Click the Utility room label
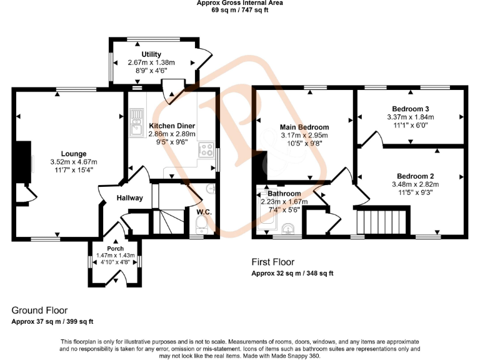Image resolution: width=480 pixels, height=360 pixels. (151, 55)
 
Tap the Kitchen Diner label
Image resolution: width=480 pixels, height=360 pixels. (172, 126)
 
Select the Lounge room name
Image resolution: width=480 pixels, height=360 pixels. (73, 154)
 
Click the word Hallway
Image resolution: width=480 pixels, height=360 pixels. (129, 198)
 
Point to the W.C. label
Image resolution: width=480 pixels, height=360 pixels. (204, 212)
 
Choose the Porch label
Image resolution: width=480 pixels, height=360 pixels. (115, 249)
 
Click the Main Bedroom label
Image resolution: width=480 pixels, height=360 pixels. (304, 127)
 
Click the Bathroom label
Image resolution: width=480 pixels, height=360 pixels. (284, 194)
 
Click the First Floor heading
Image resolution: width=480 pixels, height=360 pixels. (272, 262)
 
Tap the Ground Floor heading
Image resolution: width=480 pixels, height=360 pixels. (39, 311)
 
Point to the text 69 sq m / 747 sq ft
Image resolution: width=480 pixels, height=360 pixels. (239, 10)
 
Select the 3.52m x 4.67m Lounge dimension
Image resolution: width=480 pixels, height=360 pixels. (73, 162)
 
